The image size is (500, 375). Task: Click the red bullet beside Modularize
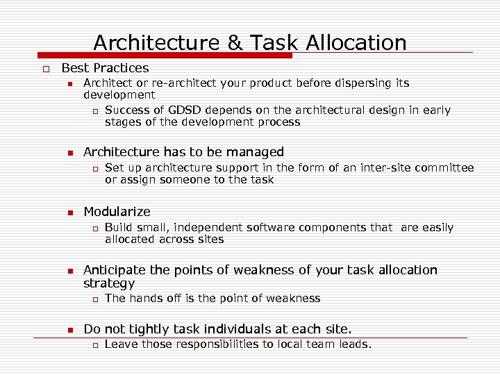[70, 212]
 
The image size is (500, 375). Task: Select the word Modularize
[117, 212]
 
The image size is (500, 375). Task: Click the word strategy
[109, 283]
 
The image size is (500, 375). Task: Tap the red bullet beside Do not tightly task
[70, 330]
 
